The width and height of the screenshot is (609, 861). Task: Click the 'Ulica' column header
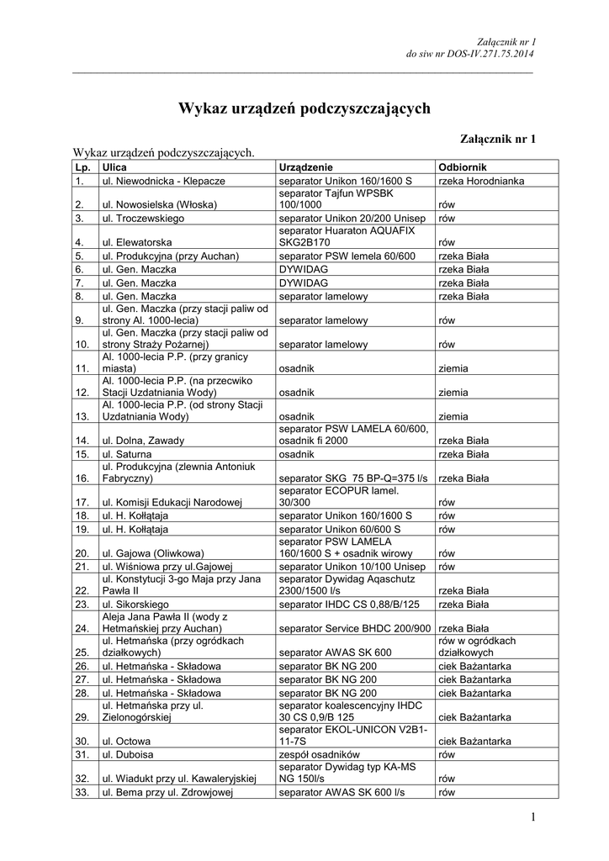click(114, 167)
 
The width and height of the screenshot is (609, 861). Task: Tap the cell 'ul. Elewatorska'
click(137, 243)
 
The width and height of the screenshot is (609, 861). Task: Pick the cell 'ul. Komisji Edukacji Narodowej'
click(172, 503)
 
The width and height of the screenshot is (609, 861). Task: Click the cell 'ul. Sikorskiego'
click(136, 604)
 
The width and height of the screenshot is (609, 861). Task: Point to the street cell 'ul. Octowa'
click(126, 742)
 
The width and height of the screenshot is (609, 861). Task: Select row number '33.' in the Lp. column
click(82, 792)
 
